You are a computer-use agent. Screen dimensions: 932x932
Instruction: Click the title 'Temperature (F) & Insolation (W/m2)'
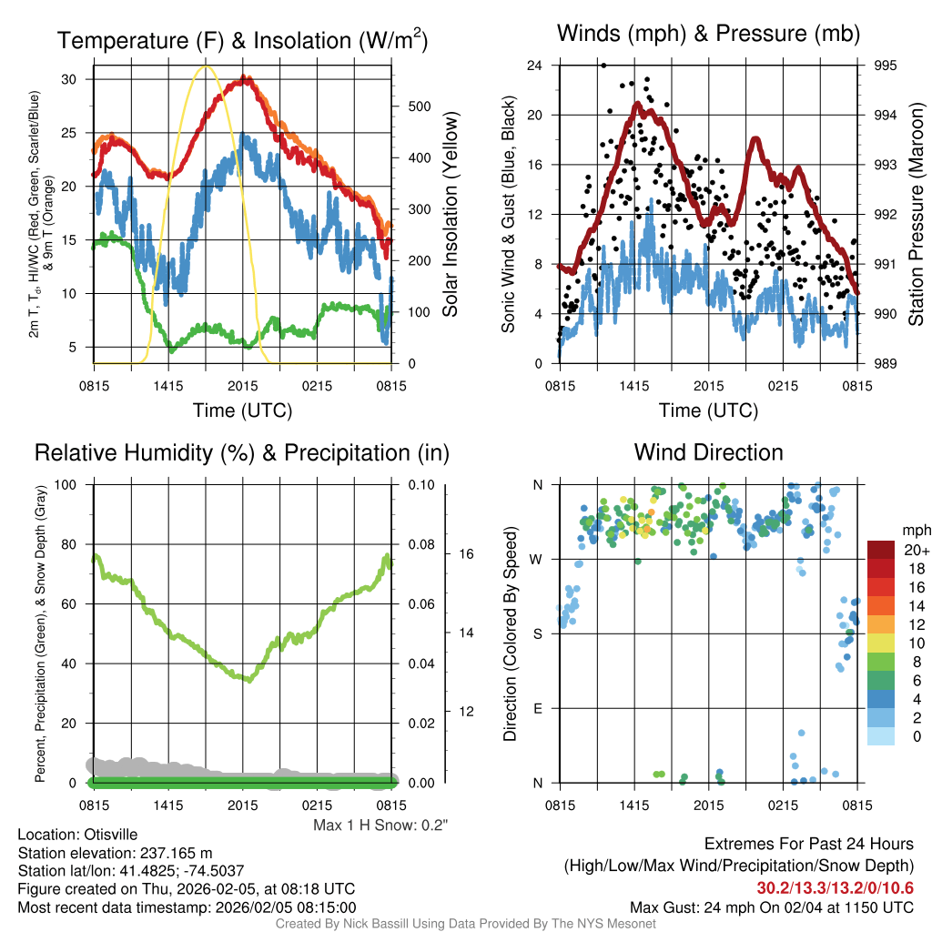click(x=242, y=40)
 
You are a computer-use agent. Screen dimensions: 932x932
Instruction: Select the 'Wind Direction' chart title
click(x=708, y=452)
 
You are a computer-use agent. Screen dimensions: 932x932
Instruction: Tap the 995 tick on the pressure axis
click(x=885, y=66)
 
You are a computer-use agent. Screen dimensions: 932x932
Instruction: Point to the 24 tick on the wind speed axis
click(x=535, y=66)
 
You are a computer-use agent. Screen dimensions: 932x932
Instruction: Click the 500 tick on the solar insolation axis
click(x=419, y=106)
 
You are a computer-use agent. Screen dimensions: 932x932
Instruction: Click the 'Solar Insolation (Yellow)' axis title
click(x=450, y=214)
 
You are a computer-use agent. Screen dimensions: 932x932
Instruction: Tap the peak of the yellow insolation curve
click(x=206, y=66)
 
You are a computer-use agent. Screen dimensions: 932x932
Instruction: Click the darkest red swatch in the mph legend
click(x=881, y=551)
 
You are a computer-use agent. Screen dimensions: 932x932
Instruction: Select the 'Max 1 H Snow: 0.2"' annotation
click(x=381, y=826)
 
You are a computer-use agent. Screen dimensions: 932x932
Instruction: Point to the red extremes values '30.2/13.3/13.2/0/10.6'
click(x=835, y=887)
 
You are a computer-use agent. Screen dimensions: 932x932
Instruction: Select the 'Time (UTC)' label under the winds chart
click(x=708, y=410)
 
